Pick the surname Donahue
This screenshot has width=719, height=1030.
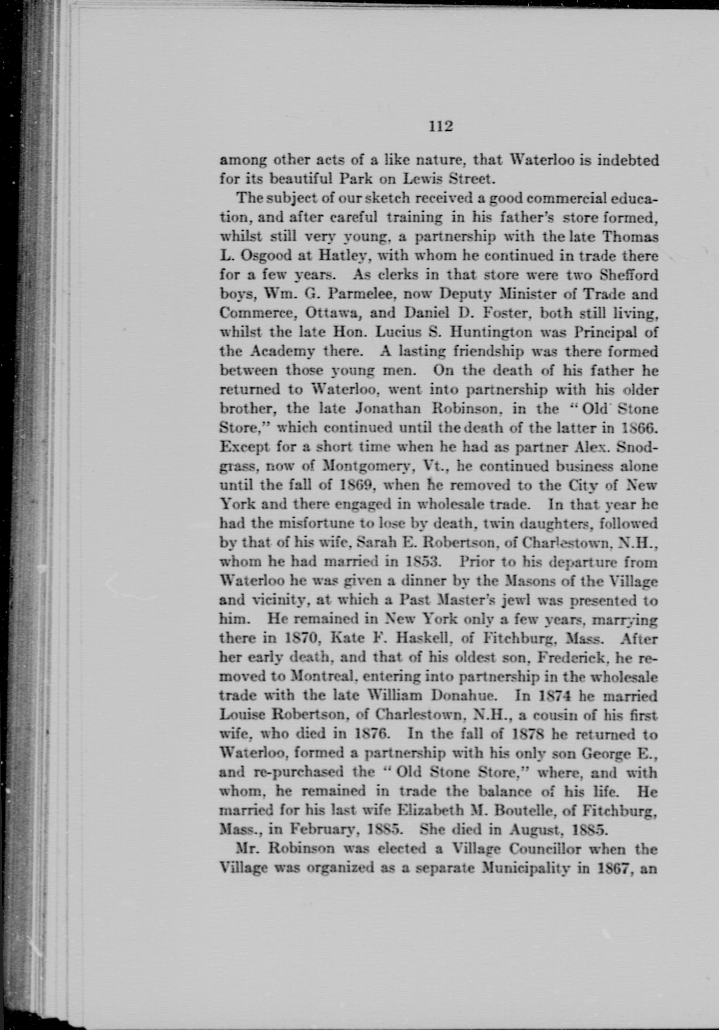point(462,696)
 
